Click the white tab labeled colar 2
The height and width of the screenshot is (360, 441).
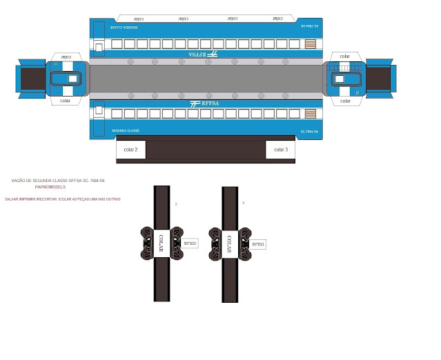(x=130, y=150)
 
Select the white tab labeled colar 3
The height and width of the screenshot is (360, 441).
(x=281, y=150)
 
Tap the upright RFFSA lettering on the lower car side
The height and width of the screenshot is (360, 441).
(x=205, y=103)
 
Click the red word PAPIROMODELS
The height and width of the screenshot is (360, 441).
(x=50, y=187)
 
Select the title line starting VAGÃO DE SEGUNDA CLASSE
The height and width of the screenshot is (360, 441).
(x=58, y=181)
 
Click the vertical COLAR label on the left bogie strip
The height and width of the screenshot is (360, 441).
(x=161, y=244)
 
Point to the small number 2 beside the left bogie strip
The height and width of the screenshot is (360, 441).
(x=176, y=204)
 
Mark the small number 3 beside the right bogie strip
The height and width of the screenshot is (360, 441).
(x=243, y=202)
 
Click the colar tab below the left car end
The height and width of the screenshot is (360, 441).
(x=66, y=101)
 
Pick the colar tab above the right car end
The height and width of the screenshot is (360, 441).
(x=344, y=56)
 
